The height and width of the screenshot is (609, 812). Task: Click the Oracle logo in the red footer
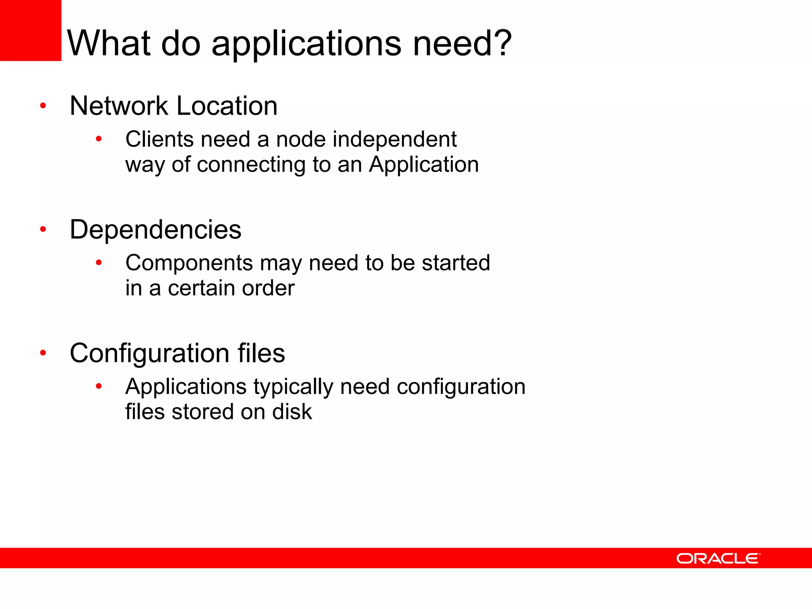718,558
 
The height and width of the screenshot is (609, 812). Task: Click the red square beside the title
31,31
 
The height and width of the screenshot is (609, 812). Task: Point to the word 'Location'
227,106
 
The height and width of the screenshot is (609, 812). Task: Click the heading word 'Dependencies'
155,230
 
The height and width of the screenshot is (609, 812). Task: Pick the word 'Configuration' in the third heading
149,354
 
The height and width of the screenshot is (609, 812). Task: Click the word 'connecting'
251,165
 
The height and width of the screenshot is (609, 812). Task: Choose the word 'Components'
189,263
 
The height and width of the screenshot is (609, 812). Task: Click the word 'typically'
293,387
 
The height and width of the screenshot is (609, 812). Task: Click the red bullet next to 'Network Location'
43,106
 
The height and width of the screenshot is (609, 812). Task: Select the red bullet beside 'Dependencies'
43,229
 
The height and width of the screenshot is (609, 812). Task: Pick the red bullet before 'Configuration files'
43,353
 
